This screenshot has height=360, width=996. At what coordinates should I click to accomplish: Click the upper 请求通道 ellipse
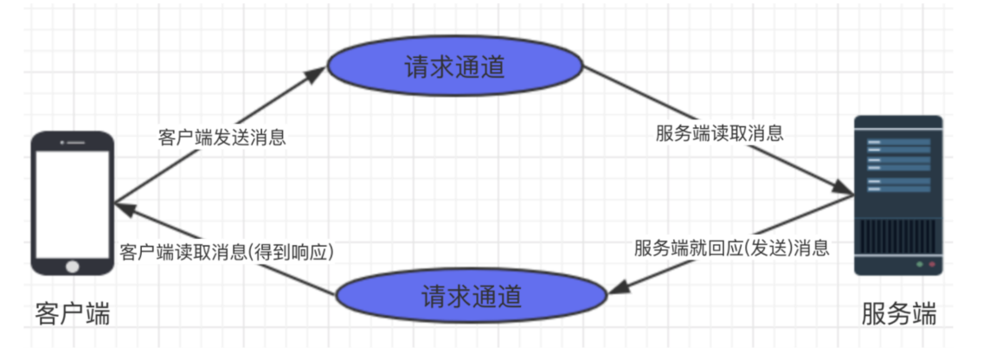[x=455, y=68]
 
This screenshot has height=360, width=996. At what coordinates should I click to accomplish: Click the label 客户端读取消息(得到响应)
[x=225, y=251]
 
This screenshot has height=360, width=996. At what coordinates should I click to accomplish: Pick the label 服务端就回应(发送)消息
[x=732, y=248]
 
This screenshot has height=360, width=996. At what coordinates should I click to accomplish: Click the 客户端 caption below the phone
[x=73, y=312]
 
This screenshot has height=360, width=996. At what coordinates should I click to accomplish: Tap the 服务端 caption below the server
[x=899, y=313]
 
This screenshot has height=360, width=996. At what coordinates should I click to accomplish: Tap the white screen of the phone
[x=73, y=201]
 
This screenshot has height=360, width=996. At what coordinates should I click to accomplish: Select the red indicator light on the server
[x=932, y=264]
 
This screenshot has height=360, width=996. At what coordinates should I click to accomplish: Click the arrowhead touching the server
[x=844, y=189]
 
